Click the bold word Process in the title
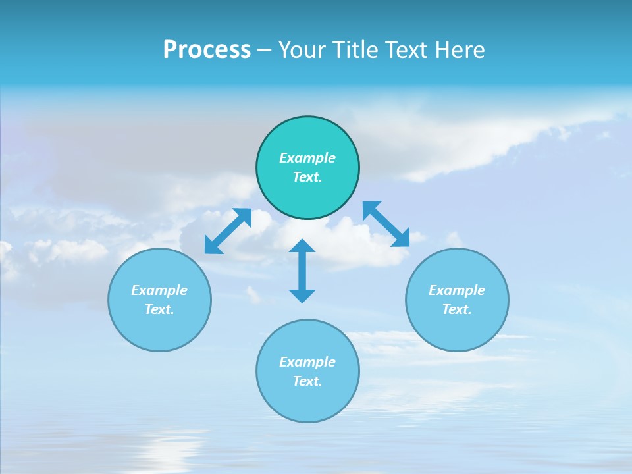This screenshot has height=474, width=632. [207, 50]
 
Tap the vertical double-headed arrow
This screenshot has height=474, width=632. [302, 271]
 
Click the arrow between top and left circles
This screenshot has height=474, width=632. [228, 231]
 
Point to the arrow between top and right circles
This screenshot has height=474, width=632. [386, 224]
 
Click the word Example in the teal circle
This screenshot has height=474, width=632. [307, 158]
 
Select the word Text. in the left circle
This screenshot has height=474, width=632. [159, 309]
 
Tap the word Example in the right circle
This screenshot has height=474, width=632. [457, 290]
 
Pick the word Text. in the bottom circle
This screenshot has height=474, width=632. [307, 381]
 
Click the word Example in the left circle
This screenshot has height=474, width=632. [159, 290]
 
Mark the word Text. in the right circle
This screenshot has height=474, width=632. [457, 309]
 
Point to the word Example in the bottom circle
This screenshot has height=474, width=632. [307, 362]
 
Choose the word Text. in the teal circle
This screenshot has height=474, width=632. [307, 177]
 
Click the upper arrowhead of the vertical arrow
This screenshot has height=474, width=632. [302, 247]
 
